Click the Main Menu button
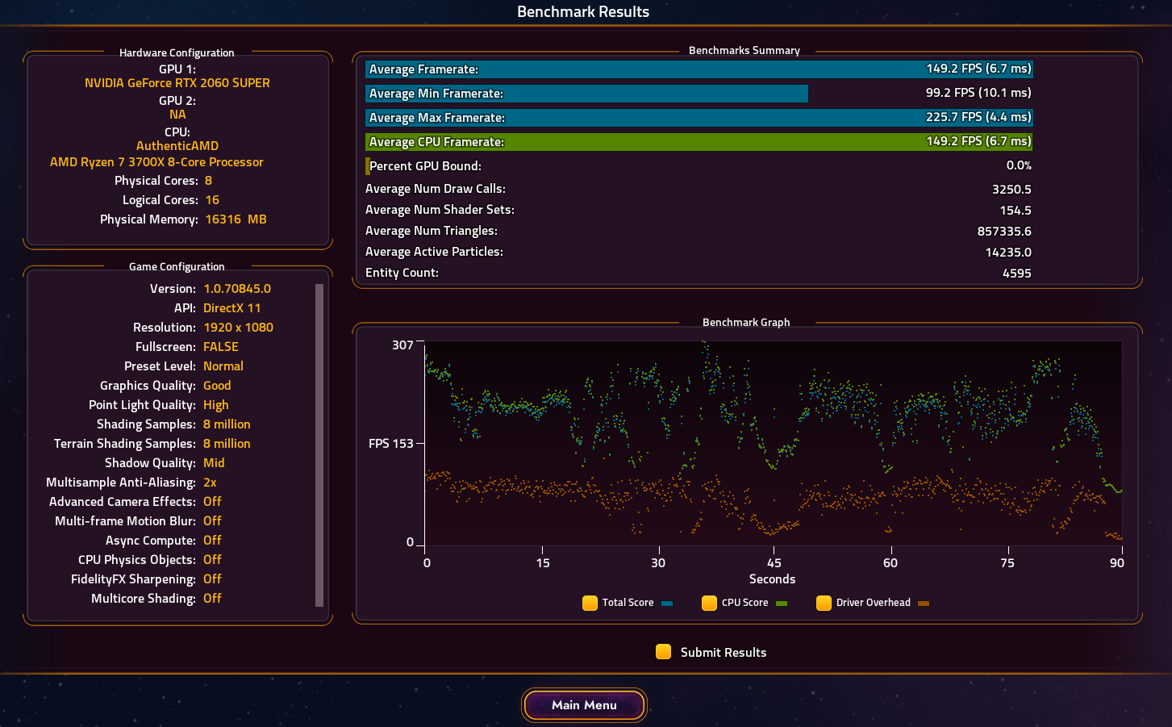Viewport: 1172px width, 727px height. pos(584,705)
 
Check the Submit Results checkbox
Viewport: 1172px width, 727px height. pos(663,652)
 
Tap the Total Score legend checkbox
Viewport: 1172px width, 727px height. pos(590,603)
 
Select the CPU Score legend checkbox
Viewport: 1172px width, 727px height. pos(709,603)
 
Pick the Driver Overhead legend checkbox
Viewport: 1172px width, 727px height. pos(824,603)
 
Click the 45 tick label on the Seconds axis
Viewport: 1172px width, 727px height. pos(774,563)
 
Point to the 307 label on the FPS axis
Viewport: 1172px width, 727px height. pos(402,345)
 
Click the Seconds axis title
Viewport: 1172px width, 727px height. pos(772,579)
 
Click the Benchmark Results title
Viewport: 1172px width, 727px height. pos(583,12)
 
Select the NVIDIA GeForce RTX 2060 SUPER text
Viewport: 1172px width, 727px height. pos(177,83)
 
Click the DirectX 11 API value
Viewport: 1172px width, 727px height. pos(232,308)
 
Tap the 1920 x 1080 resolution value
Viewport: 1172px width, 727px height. pos(238,328)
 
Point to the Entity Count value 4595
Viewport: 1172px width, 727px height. pos(1016,274)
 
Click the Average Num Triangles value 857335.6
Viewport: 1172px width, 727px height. pos(1004,232)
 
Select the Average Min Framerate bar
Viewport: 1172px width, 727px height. pos(586,94)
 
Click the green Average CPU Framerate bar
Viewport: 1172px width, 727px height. pos(699,142)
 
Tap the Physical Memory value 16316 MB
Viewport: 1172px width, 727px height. pos(236,219)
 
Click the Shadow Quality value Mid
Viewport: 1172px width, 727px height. pos(214,463)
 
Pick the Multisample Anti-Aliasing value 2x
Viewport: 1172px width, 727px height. pos(210,483)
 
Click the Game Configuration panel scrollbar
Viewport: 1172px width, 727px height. pos(319,445)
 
